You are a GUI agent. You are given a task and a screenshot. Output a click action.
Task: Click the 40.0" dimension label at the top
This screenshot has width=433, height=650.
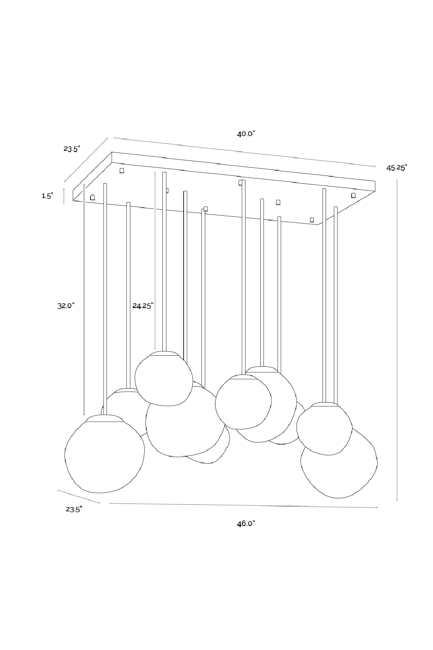point(246,134)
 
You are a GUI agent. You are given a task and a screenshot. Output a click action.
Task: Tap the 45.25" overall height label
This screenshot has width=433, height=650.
point(397,168)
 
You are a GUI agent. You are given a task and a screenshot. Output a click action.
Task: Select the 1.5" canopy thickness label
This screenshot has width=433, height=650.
point(47,196)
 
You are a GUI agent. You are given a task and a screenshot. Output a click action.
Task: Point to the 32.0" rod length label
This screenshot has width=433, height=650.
point(66,305)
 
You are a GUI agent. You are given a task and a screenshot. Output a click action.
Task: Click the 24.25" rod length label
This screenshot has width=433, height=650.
point(143,305)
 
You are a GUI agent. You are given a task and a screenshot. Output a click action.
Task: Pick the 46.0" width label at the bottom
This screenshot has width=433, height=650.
point(246,523)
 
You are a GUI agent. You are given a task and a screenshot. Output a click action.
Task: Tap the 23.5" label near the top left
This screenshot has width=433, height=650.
point(72,149)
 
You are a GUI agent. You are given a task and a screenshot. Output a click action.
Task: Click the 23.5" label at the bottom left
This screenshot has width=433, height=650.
point(74,510)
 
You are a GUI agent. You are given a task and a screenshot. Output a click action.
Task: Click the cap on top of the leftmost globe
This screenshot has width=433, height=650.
point(104,418)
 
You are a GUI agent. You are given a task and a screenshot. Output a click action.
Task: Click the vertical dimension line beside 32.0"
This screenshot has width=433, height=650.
point(84,303)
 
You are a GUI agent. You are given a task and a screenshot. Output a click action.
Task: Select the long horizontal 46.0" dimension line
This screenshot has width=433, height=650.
point(242,505)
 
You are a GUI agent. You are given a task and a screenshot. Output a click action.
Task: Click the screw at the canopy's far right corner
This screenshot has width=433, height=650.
point(353,195)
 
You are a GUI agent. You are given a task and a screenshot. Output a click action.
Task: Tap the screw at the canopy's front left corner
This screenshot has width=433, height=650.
point(92,197)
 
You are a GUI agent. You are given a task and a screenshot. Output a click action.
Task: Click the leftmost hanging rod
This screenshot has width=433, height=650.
point(104,299)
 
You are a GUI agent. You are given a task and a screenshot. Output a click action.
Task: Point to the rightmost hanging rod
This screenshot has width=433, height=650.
point(335,303)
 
